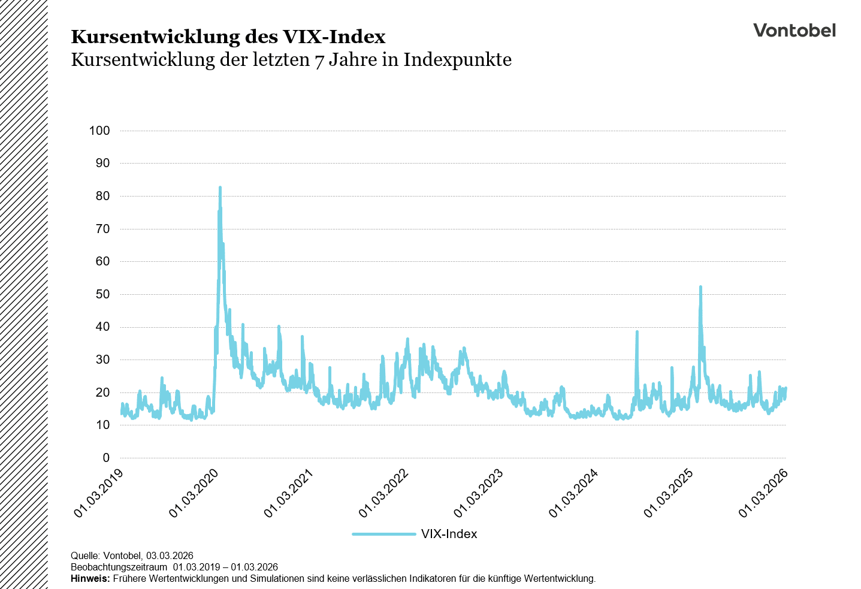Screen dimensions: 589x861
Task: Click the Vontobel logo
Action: [x=794, y=31]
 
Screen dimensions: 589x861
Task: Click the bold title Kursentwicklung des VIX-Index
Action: [x=228, y=37]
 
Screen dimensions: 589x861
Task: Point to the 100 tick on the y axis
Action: [x=99, y=131]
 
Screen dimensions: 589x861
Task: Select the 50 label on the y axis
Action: [x=102, y=294]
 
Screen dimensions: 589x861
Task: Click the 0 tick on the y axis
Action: [x=106, y=458]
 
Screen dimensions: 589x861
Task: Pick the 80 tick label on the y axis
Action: [x=102, y=196]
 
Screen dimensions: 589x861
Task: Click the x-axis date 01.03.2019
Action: [x=99, y=493]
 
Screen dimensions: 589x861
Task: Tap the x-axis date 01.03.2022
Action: [x=383, y=493]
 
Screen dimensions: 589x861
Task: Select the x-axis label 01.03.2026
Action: [x=763, y=493]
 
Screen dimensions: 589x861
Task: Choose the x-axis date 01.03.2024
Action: [x=573, y=493]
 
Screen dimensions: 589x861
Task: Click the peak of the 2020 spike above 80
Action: [x=220, y=188]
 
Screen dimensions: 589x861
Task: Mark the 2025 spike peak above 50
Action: [x=700, y=287]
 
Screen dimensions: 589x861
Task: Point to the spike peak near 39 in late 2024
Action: [x=637, y=331]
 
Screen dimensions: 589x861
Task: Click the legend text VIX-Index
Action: [x=449, y=534]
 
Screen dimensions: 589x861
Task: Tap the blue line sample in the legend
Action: [x=383, y=534]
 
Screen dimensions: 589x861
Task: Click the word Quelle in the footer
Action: [x=84, y=556]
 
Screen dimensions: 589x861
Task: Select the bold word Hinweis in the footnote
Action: [x=90, y=579]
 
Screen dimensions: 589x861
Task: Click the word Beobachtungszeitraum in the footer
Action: [x=119, y=567]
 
